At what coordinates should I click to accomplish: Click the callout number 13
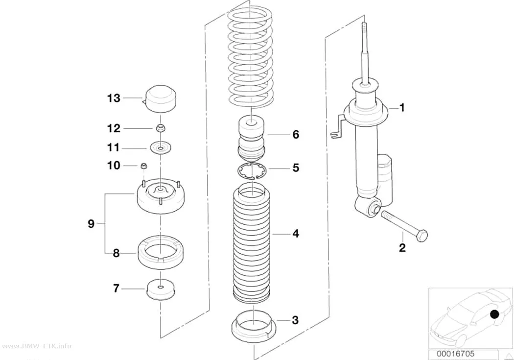pyautogui.click(x=114, y=98)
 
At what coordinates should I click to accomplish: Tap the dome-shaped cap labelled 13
pyautogui.click(x=160, y=99)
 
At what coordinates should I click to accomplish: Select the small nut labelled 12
pyautogui.click(x=160, y=128)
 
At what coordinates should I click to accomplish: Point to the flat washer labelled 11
pyautogui.click(x=161, y=148)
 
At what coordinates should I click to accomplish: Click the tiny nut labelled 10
pyautogui.click(x=143, y=166)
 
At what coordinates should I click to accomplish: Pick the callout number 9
pyautogui.click(x=91, y=224)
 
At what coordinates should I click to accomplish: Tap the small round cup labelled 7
pyautogui.click(x=160, y=289)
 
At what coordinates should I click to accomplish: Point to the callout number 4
pyautogui.click(x=296, y=234)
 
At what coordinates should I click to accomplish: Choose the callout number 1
pyautogui.click(x=402, y=108)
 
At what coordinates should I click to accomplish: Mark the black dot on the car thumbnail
pyautogui.click(x=494, y=314)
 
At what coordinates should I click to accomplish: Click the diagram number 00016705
pyautogui.click(x=455, y=354)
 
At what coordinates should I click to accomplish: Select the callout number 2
pyautogui.click(x=402, y=247)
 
